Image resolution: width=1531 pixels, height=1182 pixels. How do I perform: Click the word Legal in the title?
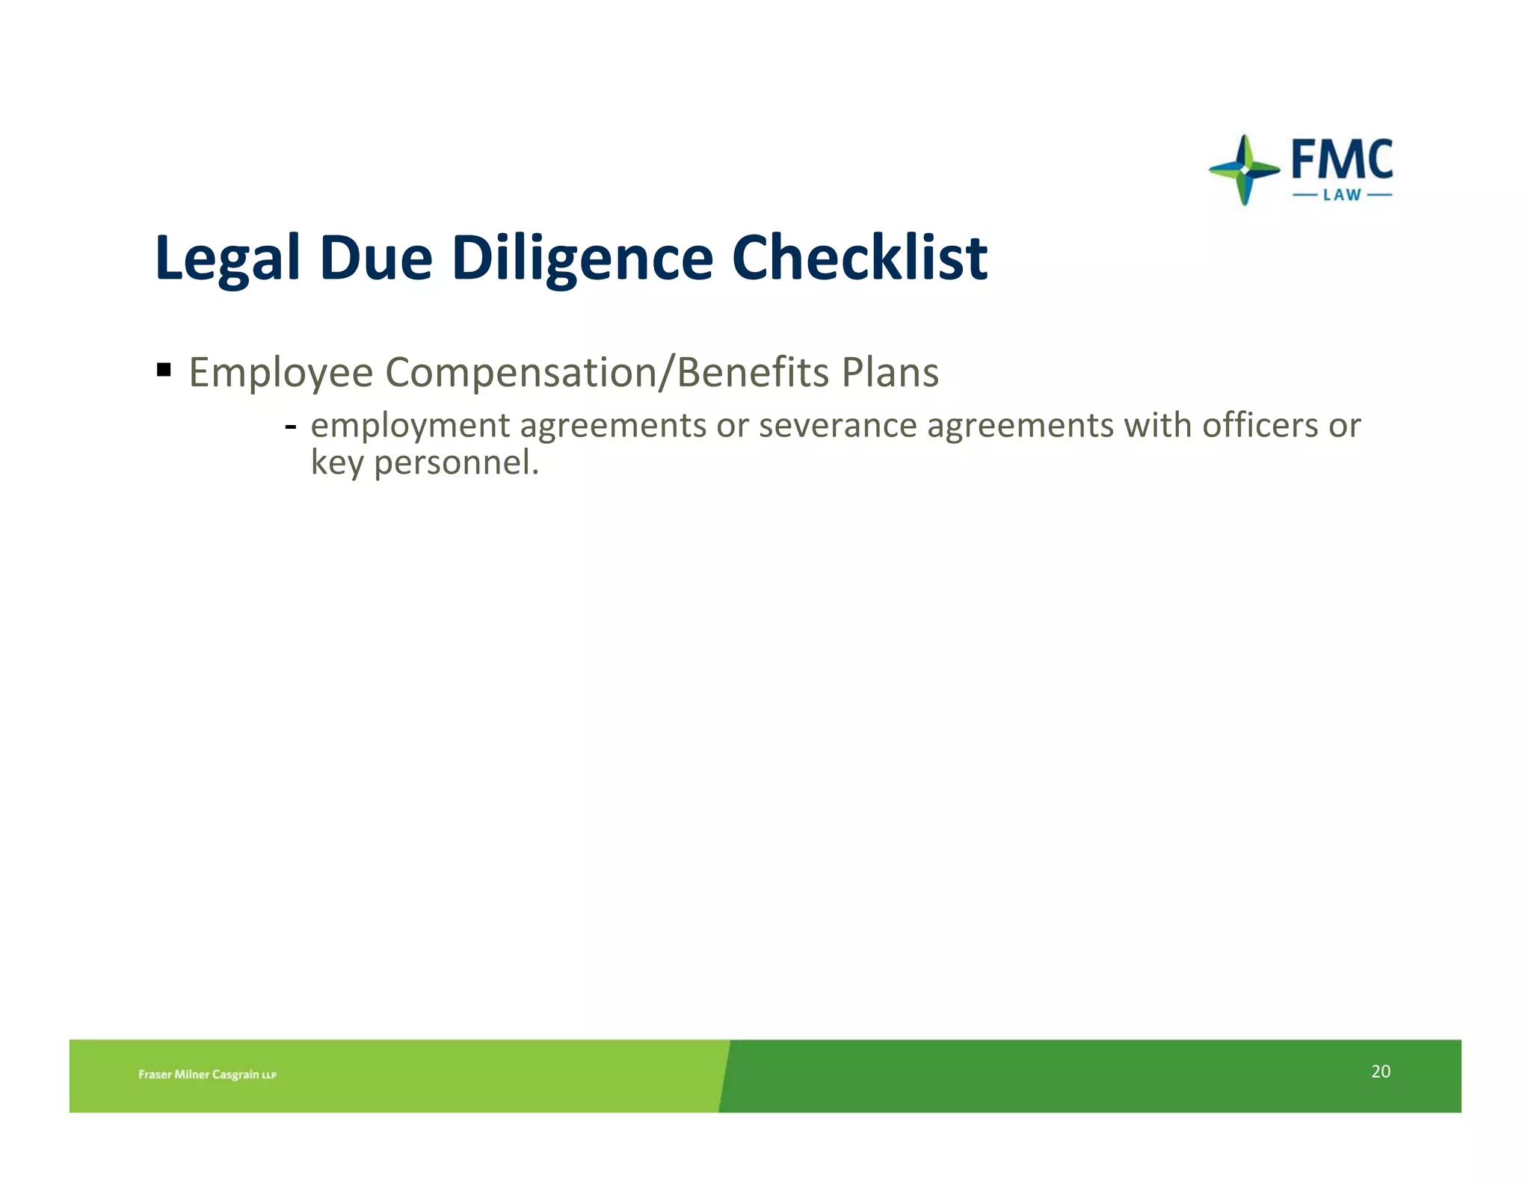pos(227,259)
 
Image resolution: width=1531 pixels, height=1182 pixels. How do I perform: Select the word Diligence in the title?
pos(582,259)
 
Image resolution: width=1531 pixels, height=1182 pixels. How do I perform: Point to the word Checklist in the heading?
pos(859,259)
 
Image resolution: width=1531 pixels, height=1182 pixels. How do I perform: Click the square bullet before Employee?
pos(164,369)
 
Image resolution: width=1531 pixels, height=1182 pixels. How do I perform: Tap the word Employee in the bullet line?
pos(280,373)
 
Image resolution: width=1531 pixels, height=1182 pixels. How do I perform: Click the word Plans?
pos(890,373)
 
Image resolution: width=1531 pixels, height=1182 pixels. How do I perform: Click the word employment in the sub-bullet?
pos(410,426)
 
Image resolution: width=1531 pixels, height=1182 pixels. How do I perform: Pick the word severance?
pos(837,426)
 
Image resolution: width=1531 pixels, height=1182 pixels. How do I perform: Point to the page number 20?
pos(1381,1071)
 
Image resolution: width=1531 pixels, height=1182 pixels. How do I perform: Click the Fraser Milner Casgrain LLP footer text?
pos(207,1074)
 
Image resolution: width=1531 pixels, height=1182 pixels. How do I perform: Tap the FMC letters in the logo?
pos(1342,159)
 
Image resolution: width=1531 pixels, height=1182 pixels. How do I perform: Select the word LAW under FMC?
pos(1342,195)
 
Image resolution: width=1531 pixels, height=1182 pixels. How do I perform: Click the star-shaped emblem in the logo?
pos(1244,170)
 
